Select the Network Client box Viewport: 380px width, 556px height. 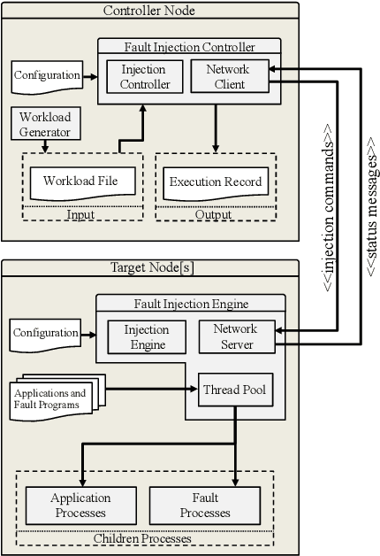pos(227,77)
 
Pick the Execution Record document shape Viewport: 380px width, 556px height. pos(216,182)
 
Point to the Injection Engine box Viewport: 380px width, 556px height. pos(146,337)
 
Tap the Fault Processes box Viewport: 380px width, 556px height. pos(205,506)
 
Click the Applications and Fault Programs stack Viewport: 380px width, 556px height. pos(53,398)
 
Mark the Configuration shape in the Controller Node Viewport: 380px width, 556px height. pos(47,76)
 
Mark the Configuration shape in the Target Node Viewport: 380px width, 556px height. pos(45,334)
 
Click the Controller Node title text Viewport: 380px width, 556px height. pos(149,11)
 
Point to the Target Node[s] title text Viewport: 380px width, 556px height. pos(150,267)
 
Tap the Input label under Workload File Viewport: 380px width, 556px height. pos(80,214)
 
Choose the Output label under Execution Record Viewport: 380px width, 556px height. pos(213,214)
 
